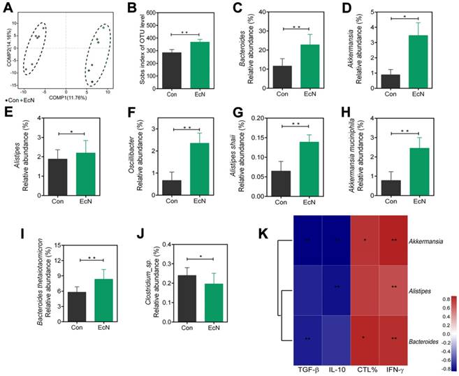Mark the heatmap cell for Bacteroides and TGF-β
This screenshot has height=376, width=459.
307,338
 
